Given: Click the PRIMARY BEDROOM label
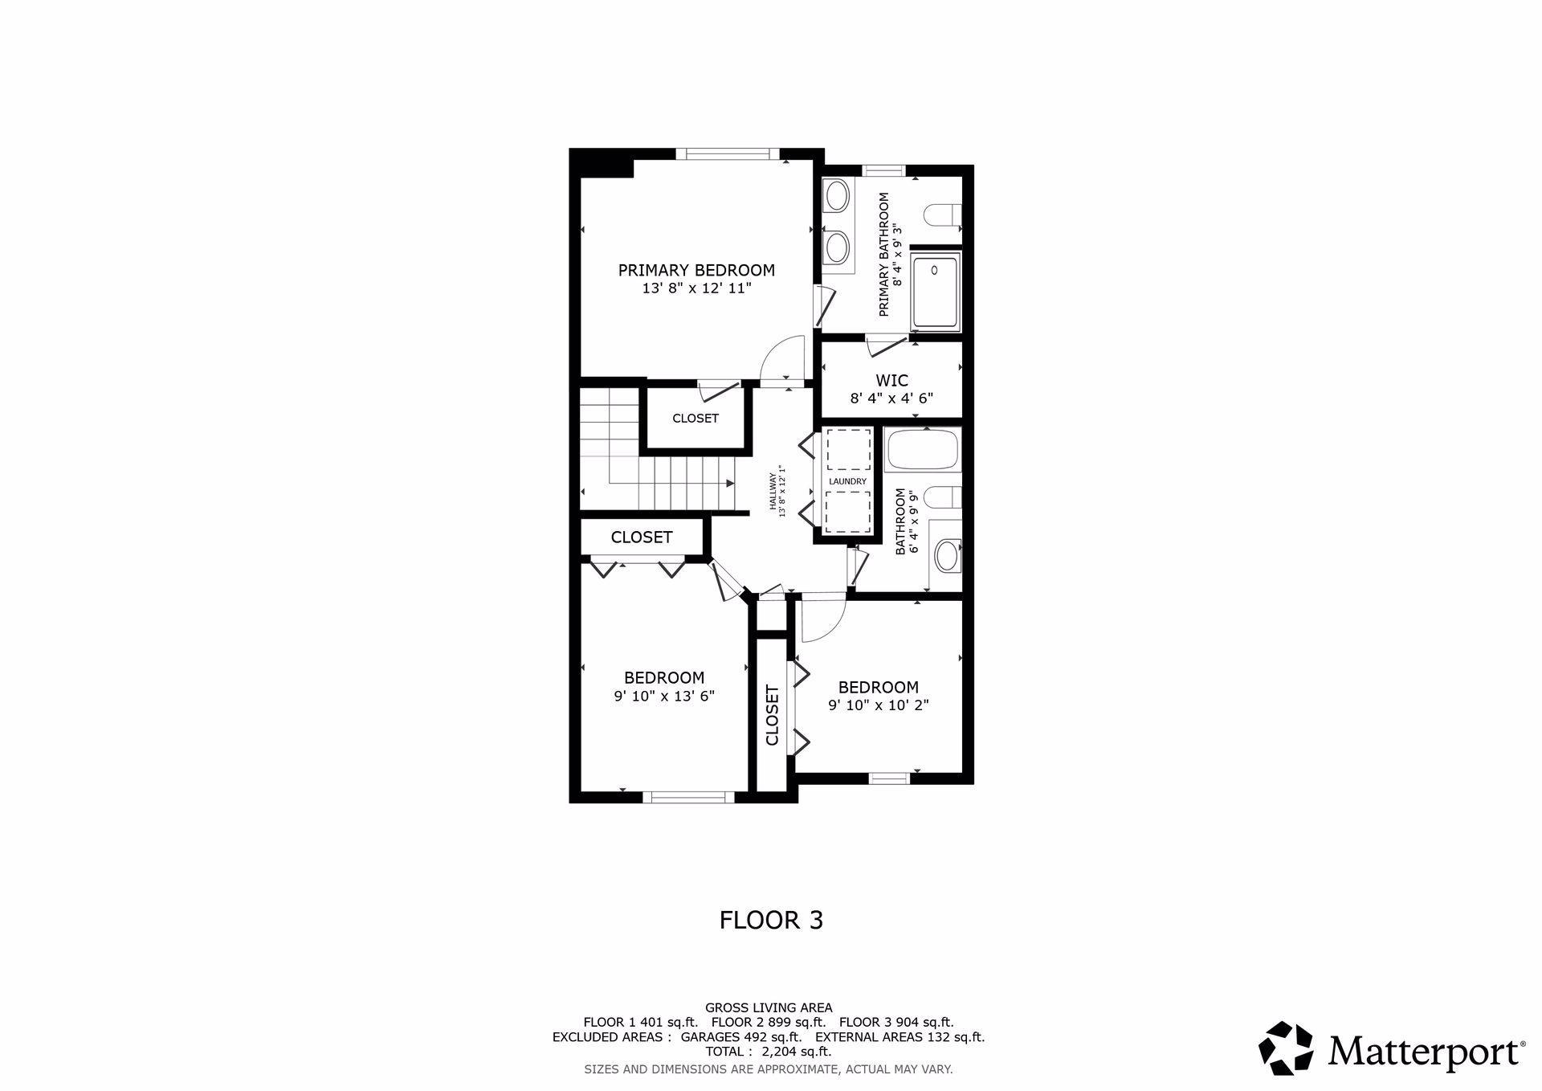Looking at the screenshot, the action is [696, 270].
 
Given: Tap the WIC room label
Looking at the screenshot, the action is [891, 380].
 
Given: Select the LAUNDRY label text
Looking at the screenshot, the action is [848, 481].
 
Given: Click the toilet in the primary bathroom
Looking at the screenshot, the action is [941, 215].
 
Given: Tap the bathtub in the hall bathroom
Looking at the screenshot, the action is [923, 450].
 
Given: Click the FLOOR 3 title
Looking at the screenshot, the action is [771, 920].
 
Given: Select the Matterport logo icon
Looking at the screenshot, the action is [1286, 1048].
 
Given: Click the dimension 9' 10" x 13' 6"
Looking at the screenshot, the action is [664, 697].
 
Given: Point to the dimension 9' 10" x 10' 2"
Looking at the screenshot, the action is [879, 705].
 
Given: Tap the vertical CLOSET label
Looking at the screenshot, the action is [773, 715].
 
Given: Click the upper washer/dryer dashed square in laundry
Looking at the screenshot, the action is [849, 449].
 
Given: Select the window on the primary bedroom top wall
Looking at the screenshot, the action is [728, 153].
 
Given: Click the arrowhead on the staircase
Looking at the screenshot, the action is [730, 483].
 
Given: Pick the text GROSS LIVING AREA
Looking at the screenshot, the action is [769, 1007].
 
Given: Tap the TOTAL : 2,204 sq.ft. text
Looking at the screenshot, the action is [769, 1051].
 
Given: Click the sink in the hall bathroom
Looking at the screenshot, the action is [948, 555].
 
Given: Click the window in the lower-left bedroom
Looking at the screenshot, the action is [689, 797].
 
